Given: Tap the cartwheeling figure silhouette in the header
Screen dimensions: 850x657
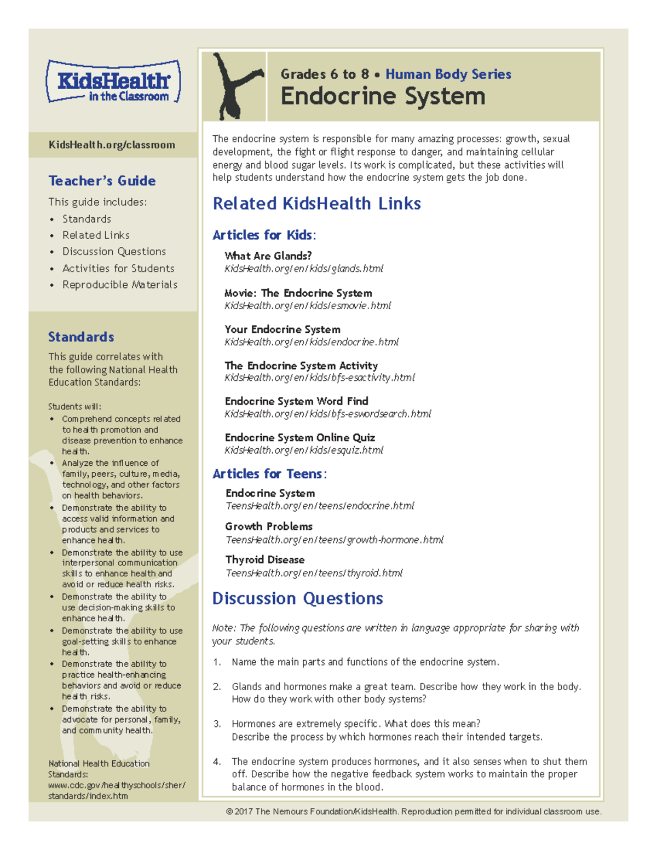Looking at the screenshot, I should (234, 86).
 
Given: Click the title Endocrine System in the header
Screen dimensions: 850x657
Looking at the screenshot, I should (383, 96).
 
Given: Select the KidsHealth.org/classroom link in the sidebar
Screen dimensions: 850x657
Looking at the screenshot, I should (112, 145).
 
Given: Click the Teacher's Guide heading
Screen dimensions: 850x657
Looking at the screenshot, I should (102, 181).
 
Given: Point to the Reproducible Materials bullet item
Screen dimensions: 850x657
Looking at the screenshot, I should (119, 285).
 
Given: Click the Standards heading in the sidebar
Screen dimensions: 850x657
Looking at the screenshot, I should (81, 337).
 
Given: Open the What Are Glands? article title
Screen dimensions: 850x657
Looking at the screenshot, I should (268, 256).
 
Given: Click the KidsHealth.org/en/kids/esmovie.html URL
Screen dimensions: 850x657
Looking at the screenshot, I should (307, 305).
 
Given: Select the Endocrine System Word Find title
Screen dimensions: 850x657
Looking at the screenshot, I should (296, 401).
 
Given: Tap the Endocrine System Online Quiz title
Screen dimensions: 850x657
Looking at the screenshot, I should (299, 437).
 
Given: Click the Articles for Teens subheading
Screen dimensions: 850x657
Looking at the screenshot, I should (269, 473).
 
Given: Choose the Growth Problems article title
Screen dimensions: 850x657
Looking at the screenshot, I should (268, 526).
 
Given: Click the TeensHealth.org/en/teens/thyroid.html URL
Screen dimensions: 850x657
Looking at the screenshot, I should (314, 573).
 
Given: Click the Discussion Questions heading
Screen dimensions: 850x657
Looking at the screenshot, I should (297, 598).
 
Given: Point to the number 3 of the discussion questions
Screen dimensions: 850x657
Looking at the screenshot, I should (217, 724).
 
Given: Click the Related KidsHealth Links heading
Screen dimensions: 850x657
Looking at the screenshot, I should (316, 204).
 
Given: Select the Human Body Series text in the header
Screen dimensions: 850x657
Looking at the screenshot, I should (448, 74).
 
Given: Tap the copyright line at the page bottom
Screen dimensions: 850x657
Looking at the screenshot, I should (413, 811).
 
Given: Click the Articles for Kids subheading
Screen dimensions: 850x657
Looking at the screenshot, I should (264, 235).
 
